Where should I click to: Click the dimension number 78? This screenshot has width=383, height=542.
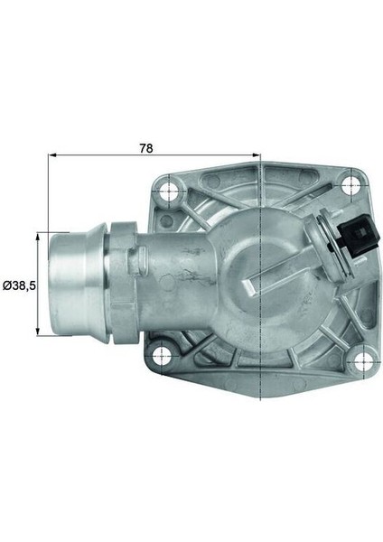tap(145, 148)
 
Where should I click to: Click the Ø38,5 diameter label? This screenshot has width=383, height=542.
tap(19, 285)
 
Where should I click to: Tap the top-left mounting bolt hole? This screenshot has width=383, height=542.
tap(169, 190)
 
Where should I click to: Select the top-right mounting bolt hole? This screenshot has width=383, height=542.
tap(350, 185)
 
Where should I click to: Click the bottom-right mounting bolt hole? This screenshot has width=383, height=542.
tap(363, 361)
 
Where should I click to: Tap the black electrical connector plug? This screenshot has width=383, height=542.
tap(360, 235)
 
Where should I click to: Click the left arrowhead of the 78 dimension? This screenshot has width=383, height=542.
tap(53, 155)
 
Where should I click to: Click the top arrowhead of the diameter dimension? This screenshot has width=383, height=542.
tap(38, 237)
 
